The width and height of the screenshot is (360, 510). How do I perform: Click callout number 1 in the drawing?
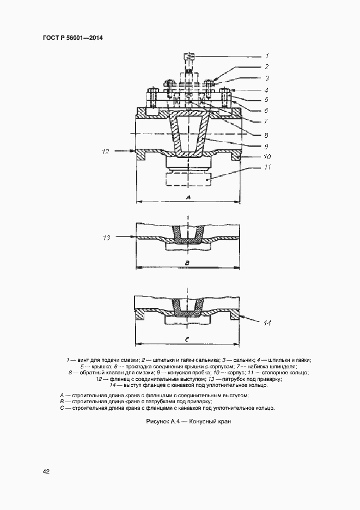pos(267,56)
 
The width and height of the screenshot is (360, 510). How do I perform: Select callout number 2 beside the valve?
pos(267,67)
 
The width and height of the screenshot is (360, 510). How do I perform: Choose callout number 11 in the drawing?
pos(267,167)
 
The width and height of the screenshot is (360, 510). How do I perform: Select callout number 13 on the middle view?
pos(106,238)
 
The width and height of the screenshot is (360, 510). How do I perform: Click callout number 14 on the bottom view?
pos(267,323)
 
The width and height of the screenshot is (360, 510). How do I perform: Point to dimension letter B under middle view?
pos(187,263)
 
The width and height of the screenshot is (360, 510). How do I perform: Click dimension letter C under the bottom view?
pos(187,339)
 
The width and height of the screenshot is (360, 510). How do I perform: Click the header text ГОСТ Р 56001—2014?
pos(72,38)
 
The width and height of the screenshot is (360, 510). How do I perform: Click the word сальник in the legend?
pos(236,360)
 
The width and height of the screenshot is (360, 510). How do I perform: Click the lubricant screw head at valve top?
pos(188,57)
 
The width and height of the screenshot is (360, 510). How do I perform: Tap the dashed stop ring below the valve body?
pos(188,179)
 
